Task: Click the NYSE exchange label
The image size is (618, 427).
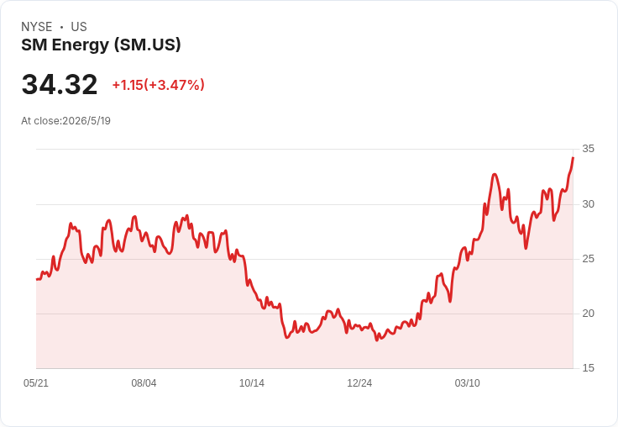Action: pyautogui.click(x=37, y=27)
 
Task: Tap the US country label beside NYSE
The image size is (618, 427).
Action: pyautogui.click(x=79, y=27)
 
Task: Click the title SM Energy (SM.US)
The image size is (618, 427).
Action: pyautogui.click(x=101, y=45)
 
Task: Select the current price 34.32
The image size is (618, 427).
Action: pyautogui.click(x=60, y=84)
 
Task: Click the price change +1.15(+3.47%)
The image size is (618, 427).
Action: pyautogui.click(x=159, y=85)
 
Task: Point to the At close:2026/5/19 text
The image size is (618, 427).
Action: pyautogui.click(x=65, y=121)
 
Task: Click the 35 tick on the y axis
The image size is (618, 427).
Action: pyautogui.click(x=588, y=149)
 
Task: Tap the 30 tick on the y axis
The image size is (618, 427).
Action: pyautogui.click(x=588, y=204)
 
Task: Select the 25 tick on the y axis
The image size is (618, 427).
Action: pyautogui.click(x=588, y=259)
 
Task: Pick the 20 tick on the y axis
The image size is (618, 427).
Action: pyautogui.click(x=588, y=314)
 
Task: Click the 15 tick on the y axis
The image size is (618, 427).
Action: pyautogui.click(x=588, y=368)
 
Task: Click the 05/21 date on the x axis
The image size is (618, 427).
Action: pyautogui.click(x=36, y=383)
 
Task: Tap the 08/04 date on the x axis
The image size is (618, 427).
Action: pyautogui.click(x=144, y=383)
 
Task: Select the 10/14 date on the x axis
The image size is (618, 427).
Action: pyautogui.click(x=251, y=383)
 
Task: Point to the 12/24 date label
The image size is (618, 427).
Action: pyautogui.click(x=359, y=383)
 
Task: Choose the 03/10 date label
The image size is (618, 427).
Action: pyautogui.click(x=468, y=383)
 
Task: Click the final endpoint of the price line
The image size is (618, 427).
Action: pyautogui.click(x=573, y=157)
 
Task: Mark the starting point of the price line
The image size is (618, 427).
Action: pyautogui.click(x=37, y=279)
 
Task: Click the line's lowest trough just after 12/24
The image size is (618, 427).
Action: pyautogui.click(x=377, y=340)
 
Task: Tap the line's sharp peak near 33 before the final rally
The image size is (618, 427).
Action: pyautogui.click(x=495, y=174)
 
